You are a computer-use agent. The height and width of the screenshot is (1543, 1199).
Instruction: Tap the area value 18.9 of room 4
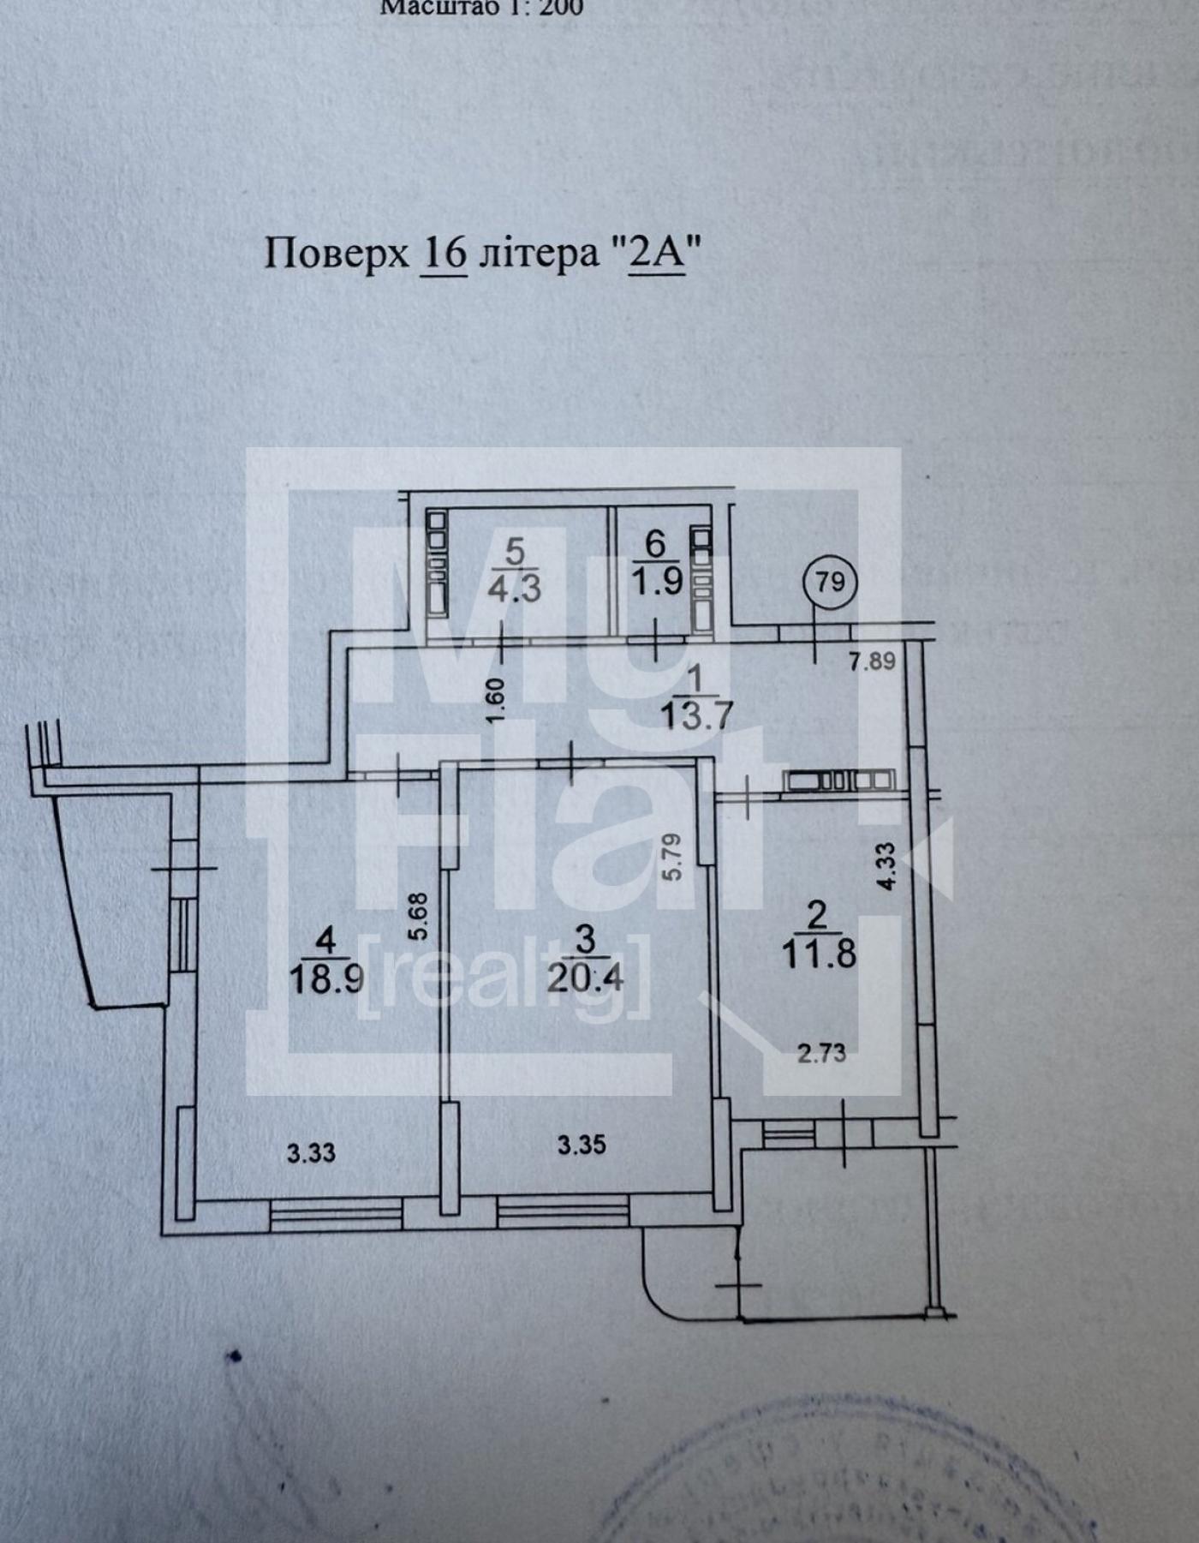click(x=325, y=978)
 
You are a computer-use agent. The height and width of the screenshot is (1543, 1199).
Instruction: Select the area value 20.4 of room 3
click(x=586, y=977)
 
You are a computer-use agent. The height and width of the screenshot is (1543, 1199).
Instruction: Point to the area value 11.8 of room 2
click(x=819, y=954)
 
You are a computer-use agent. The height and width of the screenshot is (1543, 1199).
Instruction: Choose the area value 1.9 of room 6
click(x=657, y=582)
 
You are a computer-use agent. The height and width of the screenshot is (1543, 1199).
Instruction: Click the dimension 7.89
click(x=872, y=661)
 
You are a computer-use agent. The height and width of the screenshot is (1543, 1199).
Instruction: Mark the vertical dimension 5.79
click(x=672, y=857)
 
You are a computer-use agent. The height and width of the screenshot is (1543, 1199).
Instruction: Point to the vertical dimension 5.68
click(x=418, y=918)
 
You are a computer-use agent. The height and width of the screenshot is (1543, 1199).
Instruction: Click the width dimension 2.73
click(x=821, y=1053)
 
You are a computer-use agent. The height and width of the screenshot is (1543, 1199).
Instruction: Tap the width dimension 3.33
click(x=311, y=1153)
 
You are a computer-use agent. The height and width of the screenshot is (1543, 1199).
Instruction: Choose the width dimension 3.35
click(x=582, y=1145)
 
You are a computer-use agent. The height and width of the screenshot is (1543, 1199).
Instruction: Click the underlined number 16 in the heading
click(x=444, y=254)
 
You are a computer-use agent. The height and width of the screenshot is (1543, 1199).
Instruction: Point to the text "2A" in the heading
click(x=657, y=254)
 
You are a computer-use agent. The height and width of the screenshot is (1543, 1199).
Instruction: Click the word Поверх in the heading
click(x=337, y=255)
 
